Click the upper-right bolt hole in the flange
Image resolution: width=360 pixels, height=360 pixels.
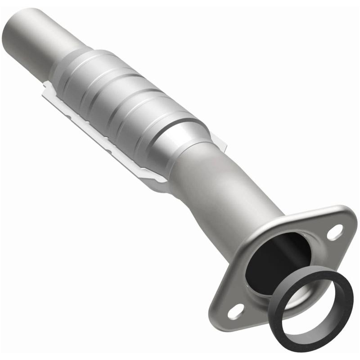pos(334,232)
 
